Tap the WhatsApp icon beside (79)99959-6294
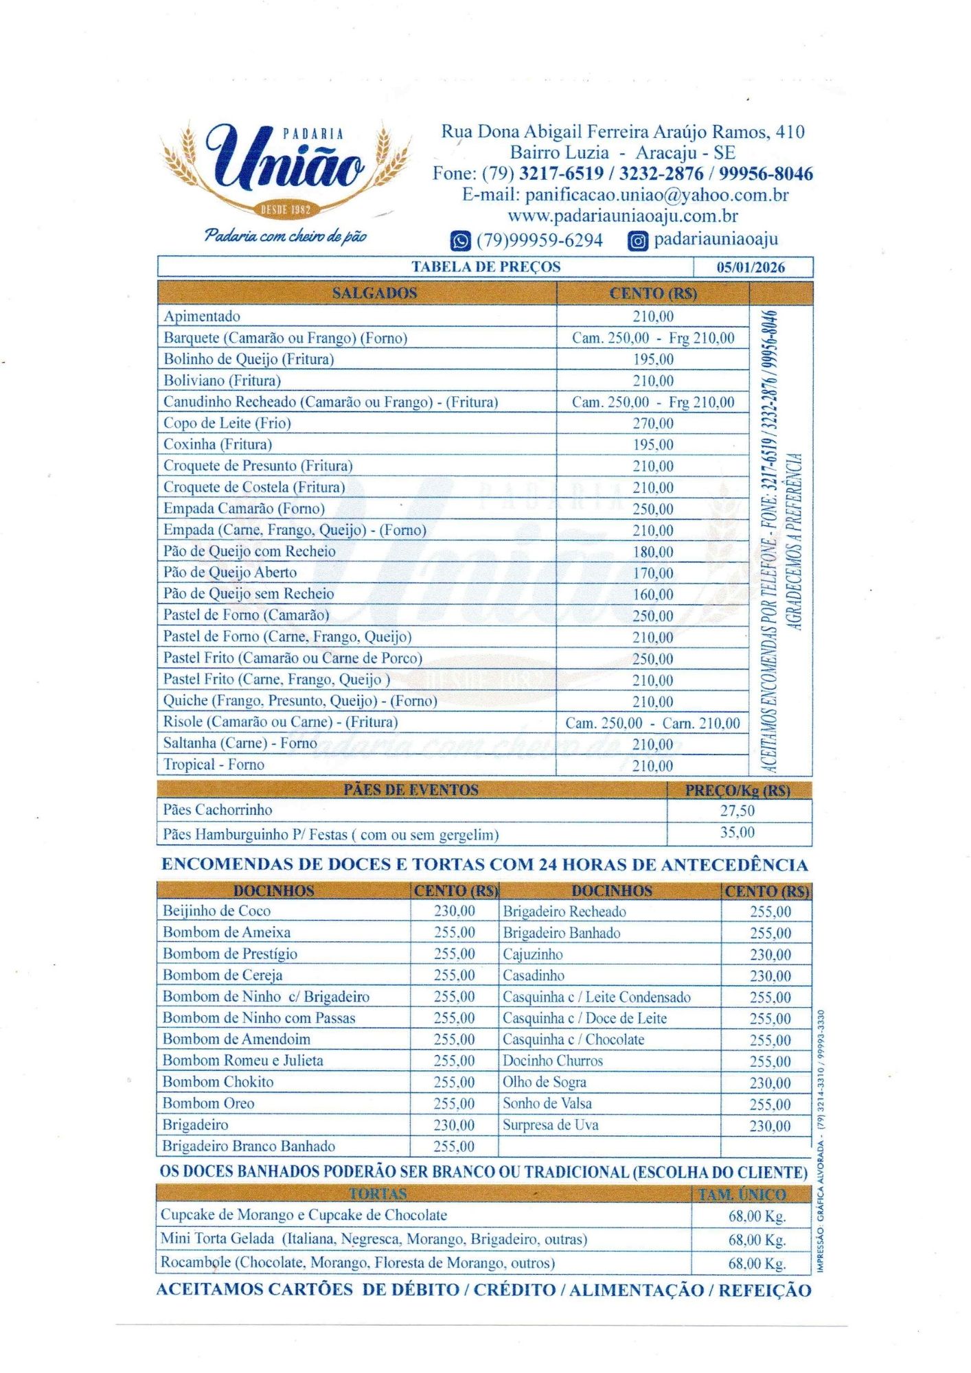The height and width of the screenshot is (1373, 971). point(460,240)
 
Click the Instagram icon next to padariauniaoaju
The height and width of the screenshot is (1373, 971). point(638,240)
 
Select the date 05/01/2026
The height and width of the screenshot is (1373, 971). point(751,267)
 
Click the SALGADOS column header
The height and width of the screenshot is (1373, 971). point(374,293)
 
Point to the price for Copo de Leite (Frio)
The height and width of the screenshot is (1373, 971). point(652,423)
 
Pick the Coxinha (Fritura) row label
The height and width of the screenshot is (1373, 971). point(218,444)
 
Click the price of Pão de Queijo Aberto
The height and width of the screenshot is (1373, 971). point(652,573)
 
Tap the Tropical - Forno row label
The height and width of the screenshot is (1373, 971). point(214,764)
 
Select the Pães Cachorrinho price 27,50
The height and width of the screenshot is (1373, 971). point(737,811)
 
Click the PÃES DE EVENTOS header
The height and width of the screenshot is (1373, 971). point(411,789)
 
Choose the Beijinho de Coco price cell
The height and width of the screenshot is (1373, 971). point(454,911)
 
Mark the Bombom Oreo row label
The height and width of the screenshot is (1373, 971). point(208,1103)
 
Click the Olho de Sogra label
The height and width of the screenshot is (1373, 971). point(545,1082)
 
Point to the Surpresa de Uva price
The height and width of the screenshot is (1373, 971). point(770,1125)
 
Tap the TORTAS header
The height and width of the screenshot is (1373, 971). point(378,1194)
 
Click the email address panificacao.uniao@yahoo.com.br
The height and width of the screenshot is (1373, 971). point(625,195)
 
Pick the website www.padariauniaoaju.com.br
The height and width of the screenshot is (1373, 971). point(623,216)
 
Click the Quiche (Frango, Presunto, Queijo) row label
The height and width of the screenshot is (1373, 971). point(300,700)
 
